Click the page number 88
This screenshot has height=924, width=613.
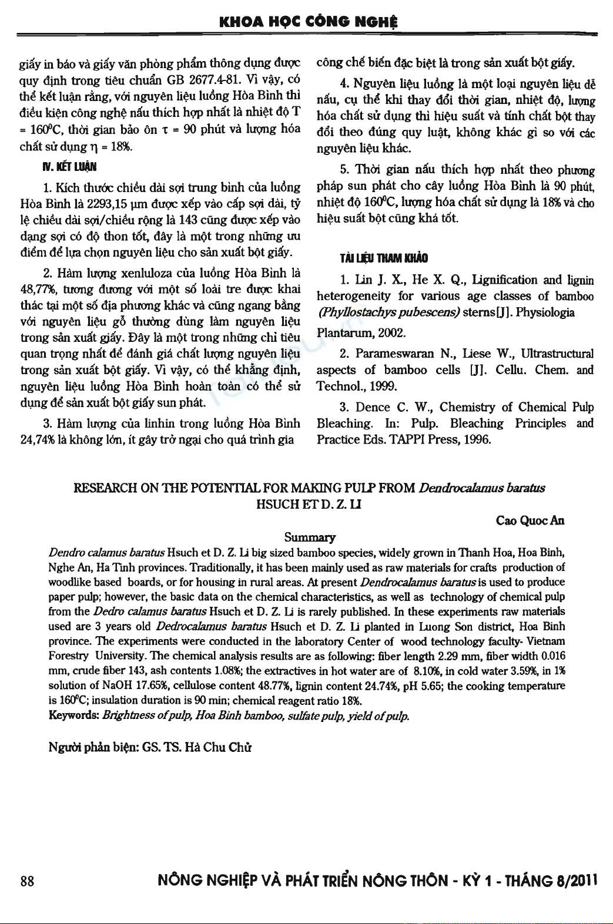click(x=27, y=881)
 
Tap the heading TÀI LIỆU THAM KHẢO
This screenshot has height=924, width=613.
click(x=383, y=258)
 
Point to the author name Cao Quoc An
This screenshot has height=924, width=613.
click(x=530, y=520)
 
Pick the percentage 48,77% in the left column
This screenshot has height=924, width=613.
click(x=36, y=289)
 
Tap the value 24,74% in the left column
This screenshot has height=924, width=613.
click(x=36, y=439)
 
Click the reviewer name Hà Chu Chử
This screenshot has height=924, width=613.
click(x=218, y=748)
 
